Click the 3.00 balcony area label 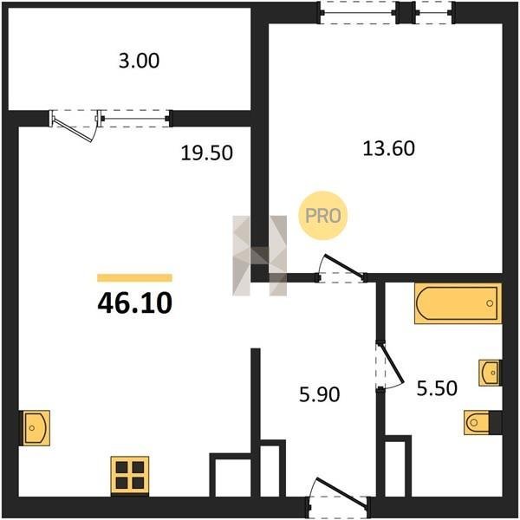(139, 61)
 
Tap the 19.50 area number (206, 153)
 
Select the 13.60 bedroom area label (388, 148)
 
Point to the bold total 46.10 (134, 302)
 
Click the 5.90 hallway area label (319, 394)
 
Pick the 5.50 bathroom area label (437, 388)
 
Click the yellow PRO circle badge (322, 216)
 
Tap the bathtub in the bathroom (458, 303)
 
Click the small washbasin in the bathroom (490, 373)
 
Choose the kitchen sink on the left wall (36, 428)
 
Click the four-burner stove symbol (130, 476)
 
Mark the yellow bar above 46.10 (134, 278)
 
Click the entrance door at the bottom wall (341, 491)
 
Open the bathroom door (392, 363)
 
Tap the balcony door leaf (72, 130)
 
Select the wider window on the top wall (358, 13)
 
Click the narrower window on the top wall (434, 13)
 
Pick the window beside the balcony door (136, 119)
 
